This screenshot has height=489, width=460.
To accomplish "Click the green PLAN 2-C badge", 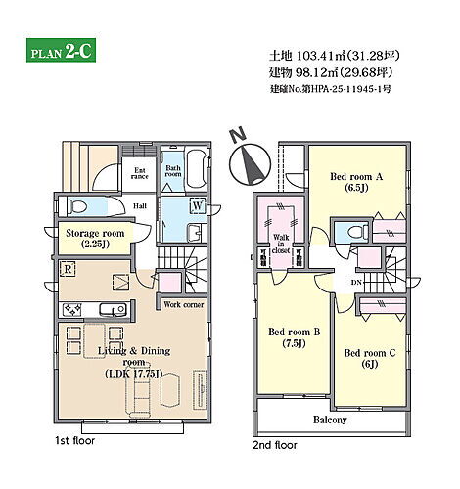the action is point(61,50).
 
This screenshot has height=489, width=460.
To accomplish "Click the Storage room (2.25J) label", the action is point(95,239).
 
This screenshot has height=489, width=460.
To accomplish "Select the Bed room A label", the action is point(356,182).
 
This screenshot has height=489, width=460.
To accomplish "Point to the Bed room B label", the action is point(294,337).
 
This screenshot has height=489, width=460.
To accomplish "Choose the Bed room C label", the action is point(370,358).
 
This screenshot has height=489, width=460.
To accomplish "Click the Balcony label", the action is point(330,420).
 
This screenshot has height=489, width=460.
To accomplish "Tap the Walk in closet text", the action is point(281,244).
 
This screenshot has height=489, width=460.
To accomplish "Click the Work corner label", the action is point(184,304).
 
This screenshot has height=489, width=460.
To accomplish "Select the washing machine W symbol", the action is point(198,205).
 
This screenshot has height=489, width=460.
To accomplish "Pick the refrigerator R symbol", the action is point(68,269).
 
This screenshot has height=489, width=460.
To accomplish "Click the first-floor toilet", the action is point(76,206).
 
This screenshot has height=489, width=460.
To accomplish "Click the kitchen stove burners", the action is point(72,309).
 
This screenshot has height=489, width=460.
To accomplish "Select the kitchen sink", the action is point(113,309).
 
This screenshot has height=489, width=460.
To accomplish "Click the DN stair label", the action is point(356,283).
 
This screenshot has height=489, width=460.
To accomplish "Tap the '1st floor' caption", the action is point(74,441).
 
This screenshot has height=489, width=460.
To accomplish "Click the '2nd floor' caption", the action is point(275,445).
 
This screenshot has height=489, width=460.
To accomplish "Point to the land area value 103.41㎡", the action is point(321,56).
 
